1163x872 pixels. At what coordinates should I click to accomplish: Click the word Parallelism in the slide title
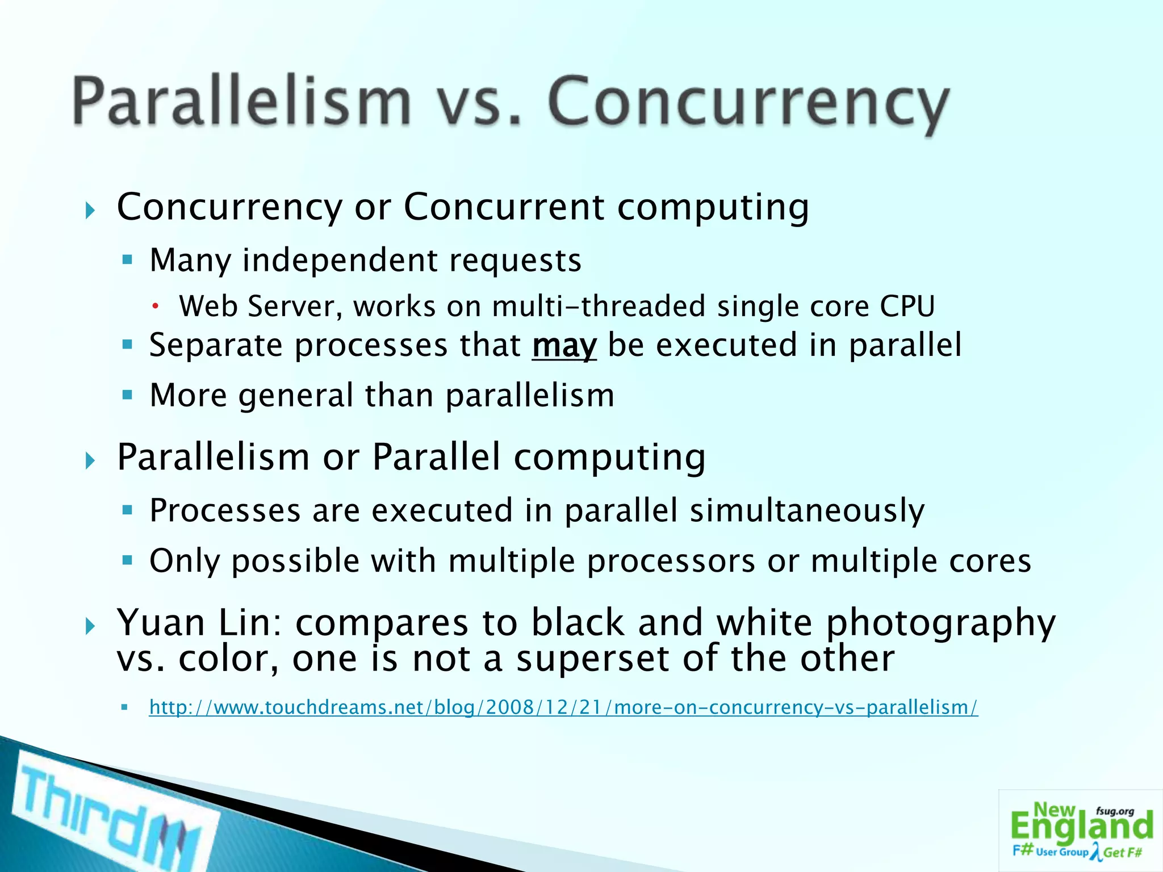pos(241,102)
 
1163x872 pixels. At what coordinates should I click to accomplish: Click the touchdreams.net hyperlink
pos(563,707)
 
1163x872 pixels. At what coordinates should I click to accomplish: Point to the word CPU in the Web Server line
pos(907,307)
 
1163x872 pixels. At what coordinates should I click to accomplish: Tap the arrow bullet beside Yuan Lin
pos(90,627)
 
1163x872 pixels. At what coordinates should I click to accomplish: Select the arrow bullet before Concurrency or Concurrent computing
pos(90,211)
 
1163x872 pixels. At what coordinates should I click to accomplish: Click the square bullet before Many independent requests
pos(127,261)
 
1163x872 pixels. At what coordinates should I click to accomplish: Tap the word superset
pos(592,660)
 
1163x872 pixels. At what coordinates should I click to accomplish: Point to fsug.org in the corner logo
pos(1115,811)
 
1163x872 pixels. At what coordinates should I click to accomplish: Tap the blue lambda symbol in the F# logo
pos(1095,852)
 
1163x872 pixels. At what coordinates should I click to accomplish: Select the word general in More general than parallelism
pos(296,396)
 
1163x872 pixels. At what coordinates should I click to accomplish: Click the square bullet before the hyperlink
pos(125,707)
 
